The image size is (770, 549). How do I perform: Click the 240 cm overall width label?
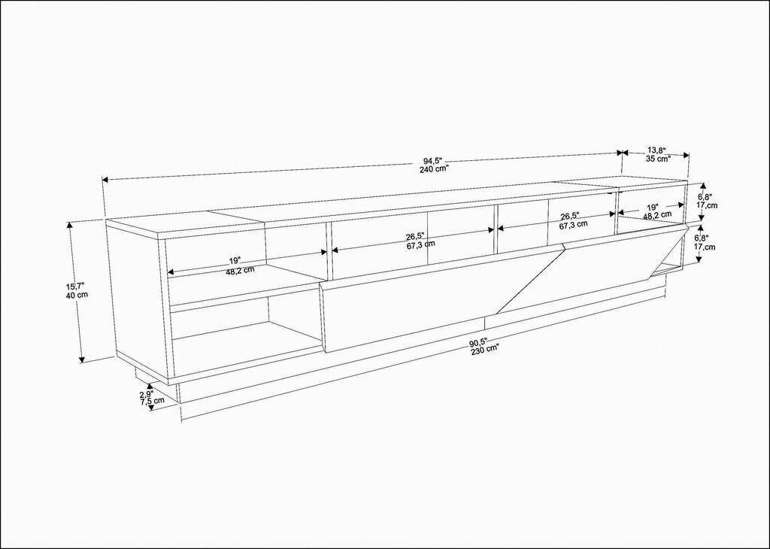point(434,169)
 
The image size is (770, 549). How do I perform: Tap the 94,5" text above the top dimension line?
point(432,160)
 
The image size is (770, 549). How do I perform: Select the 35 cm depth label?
point(658,159)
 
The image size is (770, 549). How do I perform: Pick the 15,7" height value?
point(76,286)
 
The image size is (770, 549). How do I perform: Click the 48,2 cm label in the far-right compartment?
point(658,216)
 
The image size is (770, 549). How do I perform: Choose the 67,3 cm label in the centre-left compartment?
point(420,244)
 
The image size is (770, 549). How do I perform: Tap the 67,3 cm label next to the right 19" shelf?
point(574,224)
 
